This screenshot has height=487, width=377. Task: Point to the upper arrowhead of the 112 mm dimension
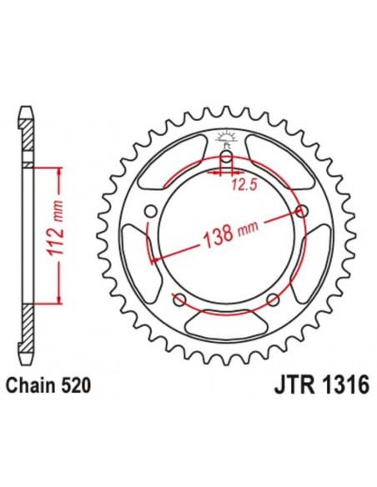coord(59,170)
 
